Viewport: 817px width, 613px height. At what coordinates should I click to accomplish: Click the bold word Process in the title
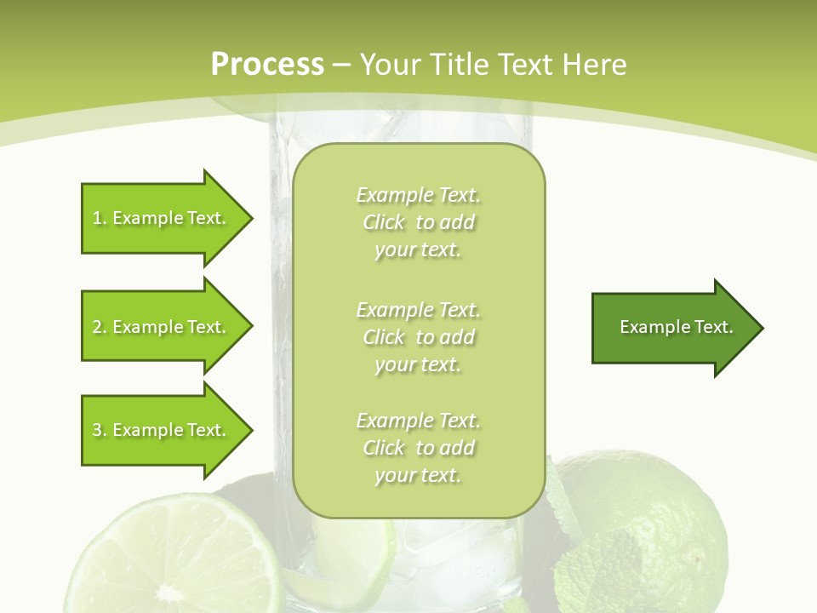point(267,65)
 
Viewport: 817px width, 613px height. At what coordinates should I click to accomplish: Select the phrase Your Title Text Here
point(494,65)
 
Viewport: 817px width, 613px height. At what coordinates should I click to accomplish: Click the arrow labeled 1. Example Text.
point(162,218)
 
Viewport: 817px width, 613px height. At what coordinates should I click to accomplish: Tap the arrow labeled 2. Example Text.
point(162,327)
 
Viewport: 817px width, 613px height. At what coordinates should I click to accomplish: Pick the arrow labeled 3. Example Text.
point(162,430)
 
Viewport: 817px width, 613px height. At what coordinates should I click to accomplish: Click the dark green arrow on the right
point(672,327)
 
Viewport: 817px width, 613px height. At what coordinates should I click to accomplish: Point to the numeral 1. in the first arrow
point(100,218)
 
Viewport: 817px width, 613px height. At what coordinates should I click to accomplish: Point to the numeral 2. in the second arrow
point(100,327)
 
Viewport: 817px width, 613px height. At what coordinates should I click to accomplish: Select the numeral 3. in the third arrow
point(100,430)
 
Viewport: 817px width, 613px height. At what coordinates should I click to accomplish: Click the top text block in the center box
point(418,222)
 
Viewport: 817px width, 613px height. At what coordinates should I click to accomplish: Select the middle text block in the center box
point(418,337)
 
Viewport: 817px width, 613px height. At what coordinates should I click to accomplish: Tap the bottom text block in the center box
point(418,448)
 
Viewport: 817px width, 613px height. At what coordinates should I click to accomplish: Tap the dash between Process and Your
point(342,65)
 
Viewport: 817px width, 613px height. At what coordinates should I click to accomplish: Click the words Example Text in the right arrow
point(677,327)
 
